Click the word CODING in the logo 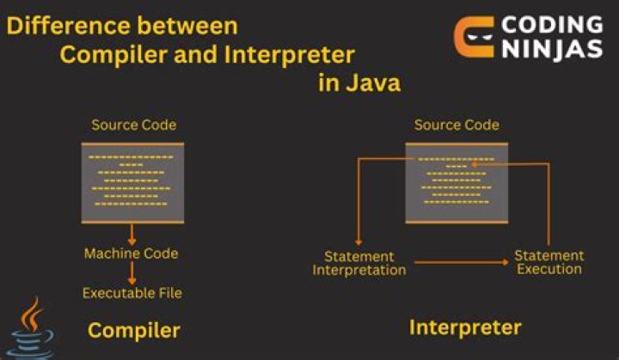[552, 24]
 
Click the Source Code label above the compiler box [133, 125]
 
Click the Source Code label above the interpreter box [457, 125]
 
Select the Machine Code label [132, 253]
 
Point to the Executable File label [132, 293]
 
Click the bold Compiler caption [133, 330]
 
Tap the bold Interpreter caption [465, 327]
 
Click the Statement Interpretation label [359, 263]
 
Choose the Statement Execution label [549, 262]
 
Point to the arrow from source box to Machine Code [132, 235]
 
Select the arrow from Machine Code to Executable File [132, 273]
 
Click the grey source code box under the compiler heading [132, 182]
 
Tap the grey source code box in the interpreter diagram [457, 182]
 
